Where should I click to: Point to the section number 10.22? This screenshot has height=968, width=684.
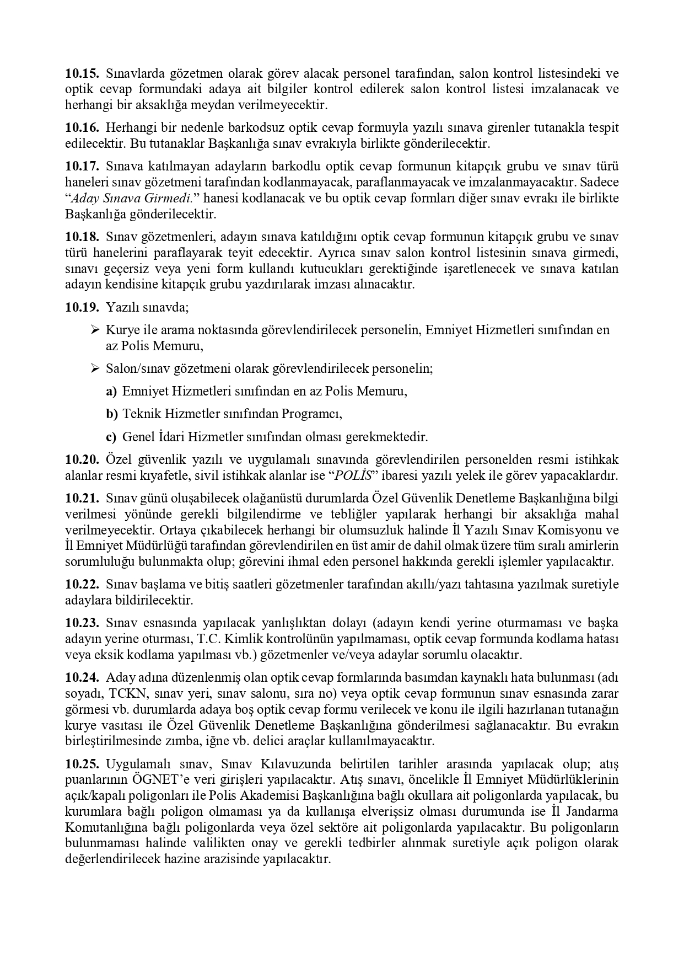(82, 584)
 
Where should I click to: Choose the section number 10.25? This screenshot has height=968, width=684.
(82, 764)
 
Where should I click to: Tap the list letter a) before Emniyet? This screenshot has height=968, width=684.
(111, 391)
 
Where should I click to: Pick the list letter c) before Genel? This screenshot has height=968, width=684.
(111, 437)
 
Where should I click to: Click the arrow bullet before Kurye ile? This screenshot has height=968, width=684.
(95, 330)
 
